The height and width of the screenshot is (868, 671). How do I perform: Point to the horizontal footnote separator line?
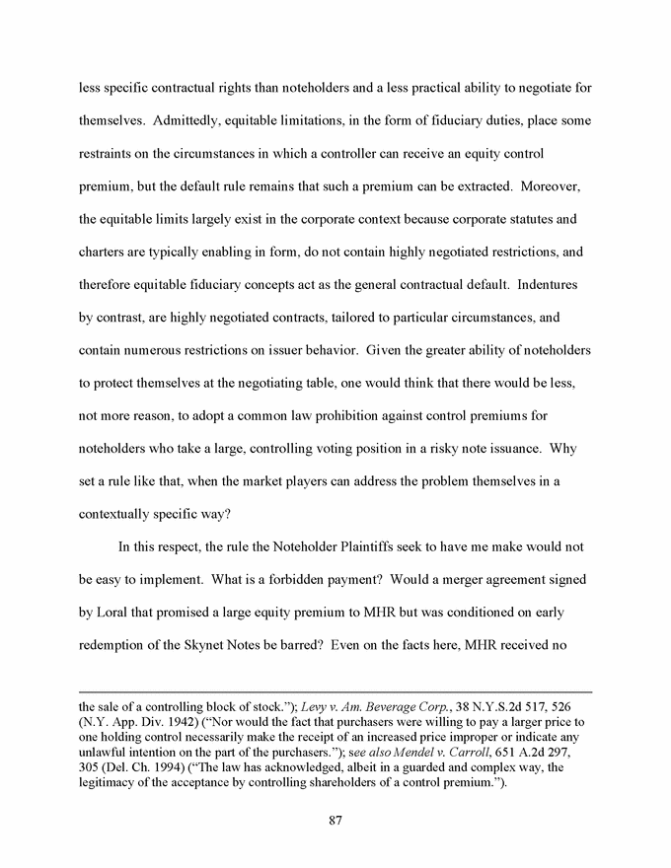point(335,691)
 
